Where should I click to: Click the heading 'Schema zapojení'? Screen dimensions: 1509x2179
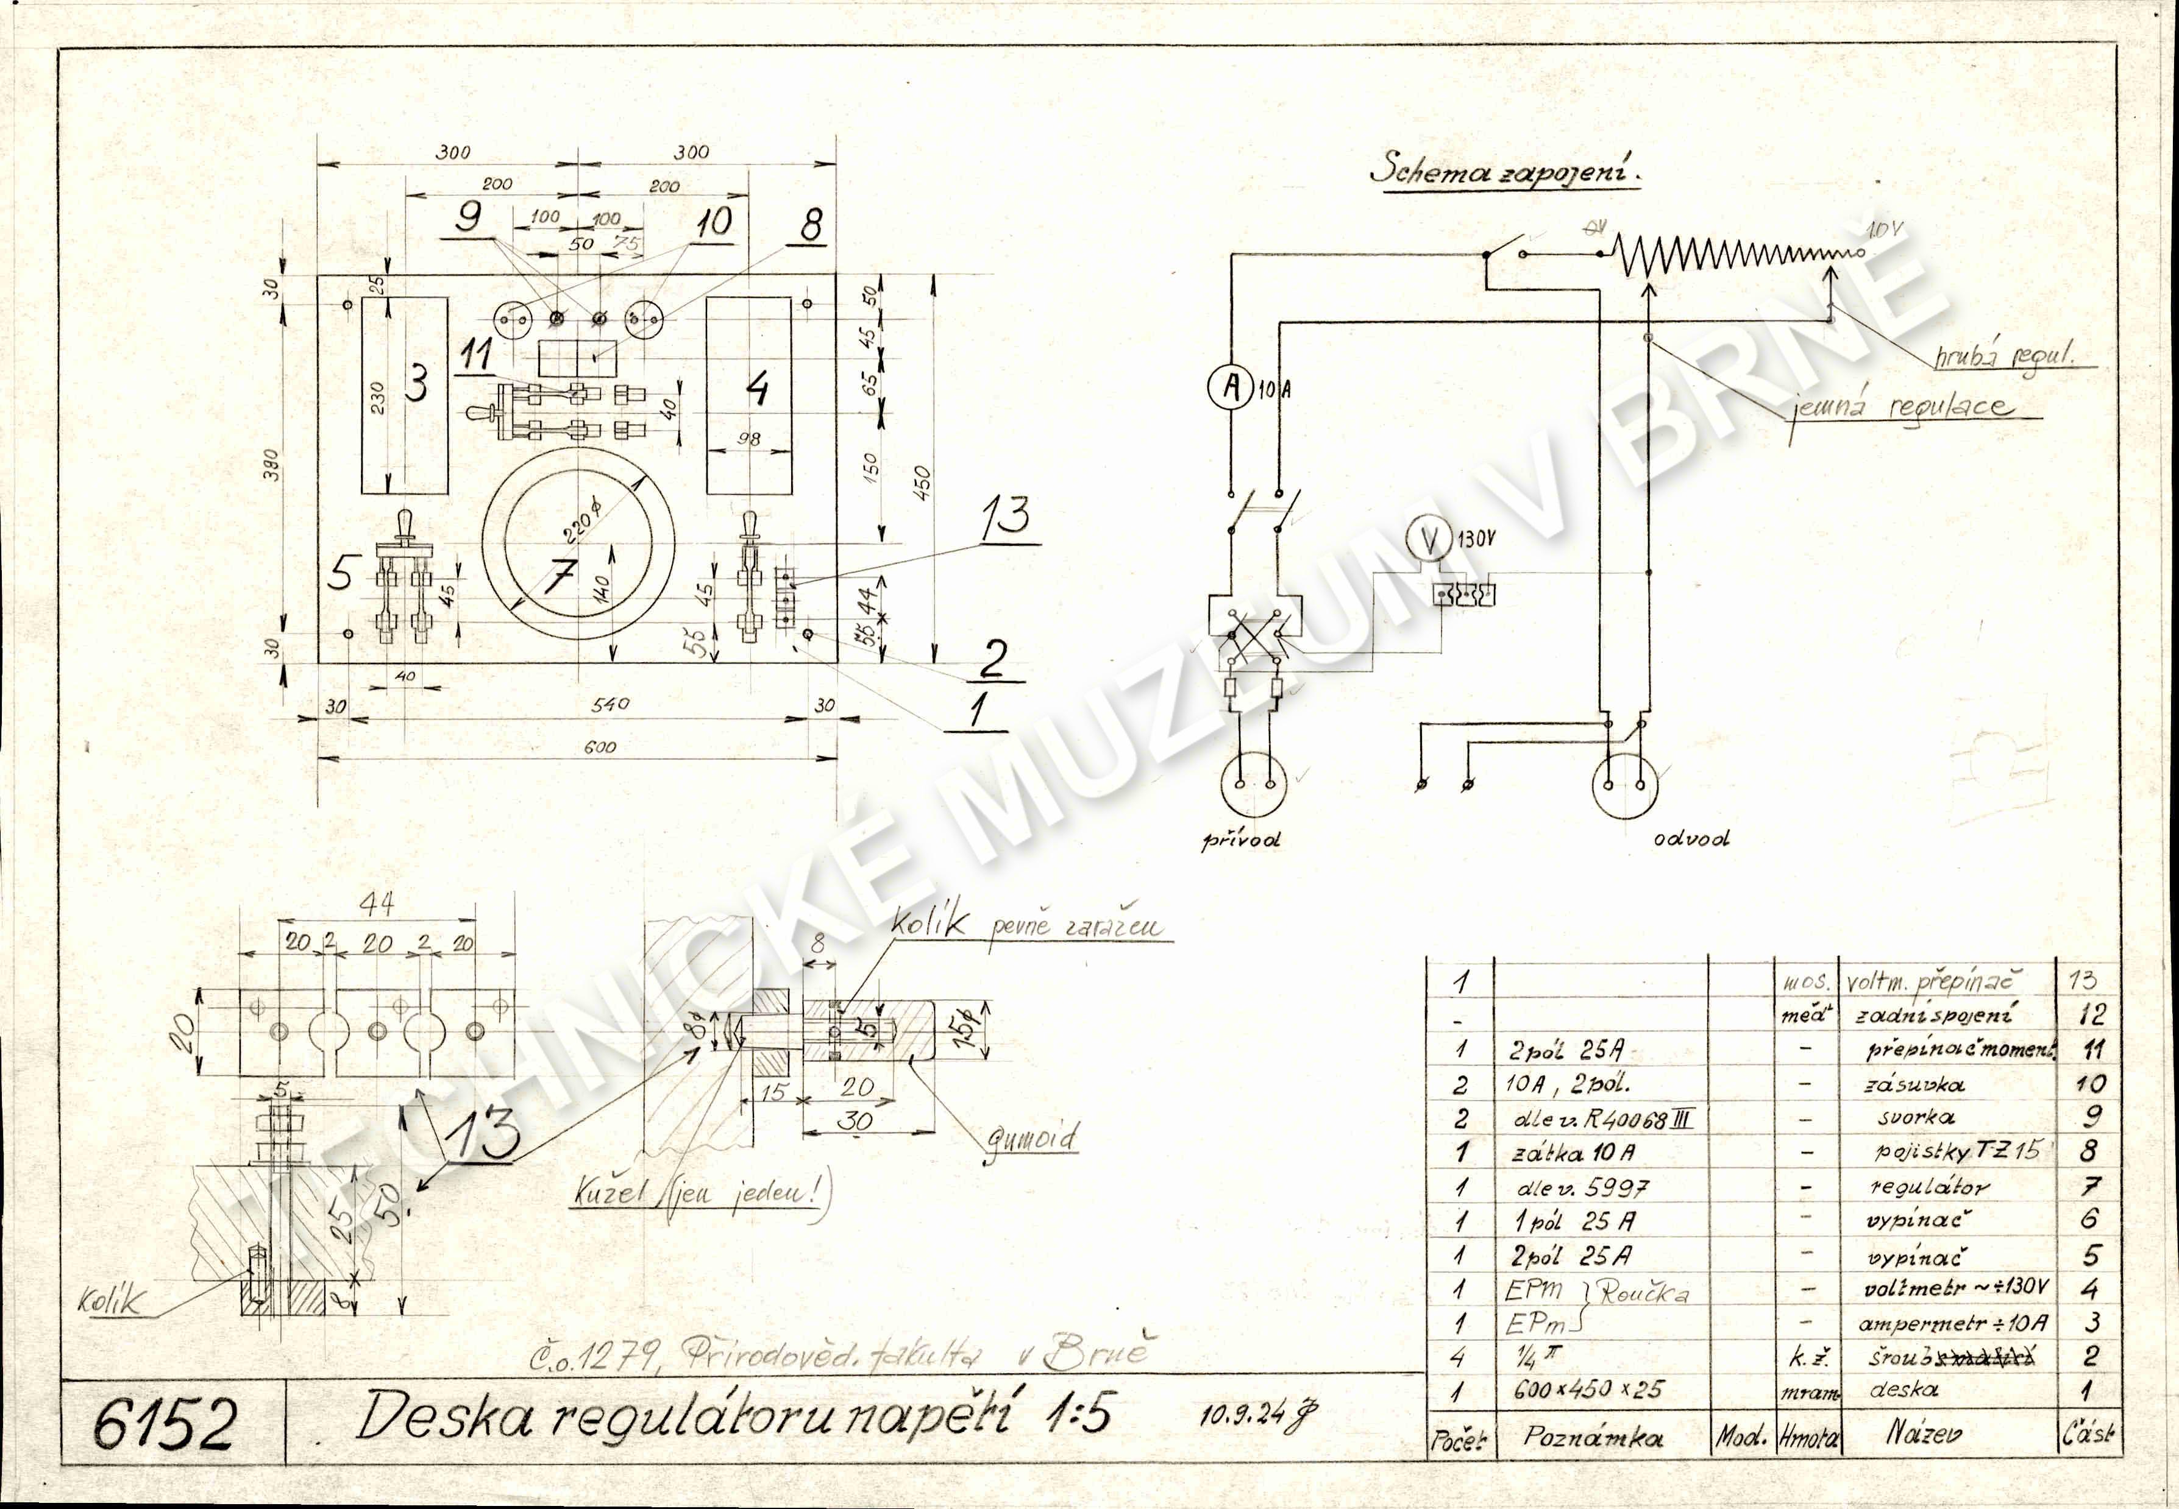click(x=1505, y=170)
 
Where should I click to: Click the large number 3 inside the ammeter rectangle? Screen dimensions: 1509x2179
click(x=416, y=384)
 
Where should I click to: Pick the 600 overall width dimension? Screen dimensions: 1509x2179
click(x=600, y=747)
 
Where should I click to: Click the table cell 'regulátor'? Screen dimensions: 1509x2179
click(x=1929, y=1187)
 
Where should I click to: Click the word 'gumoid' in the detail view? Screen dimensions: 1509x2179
click(x=1032, y=1139)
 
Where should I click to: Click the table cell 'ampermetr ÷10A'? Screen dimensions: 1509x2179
click(x=1952, y=1323)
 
